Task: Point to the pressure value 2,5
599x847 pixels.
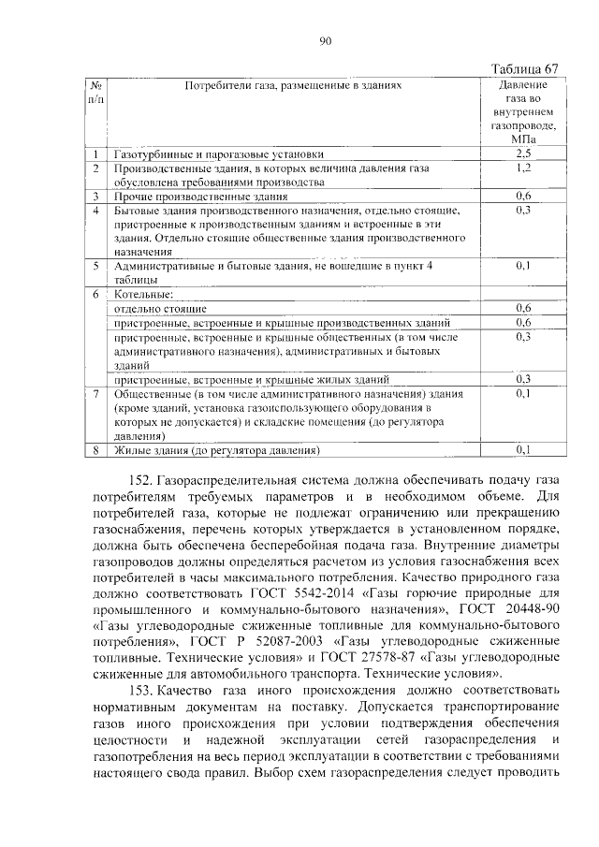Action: point(524,153)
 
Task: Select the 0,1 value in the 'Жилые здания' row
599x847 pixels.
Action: point(524,450)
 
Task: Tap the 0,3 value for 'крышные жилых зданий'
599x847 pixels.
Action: point(524,379)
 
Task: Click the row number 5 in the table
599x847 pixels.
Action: point(95,266)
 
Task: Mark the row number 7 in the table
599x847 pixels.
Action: point(95,394)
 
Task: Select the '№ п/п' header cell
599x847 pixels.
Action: point(95,91)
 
